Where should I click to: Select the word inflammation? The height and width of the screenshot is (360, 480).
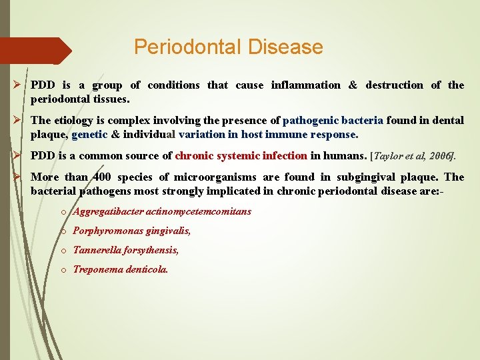305,85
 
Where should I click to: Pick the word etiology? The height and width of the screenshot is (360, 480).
75,121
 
